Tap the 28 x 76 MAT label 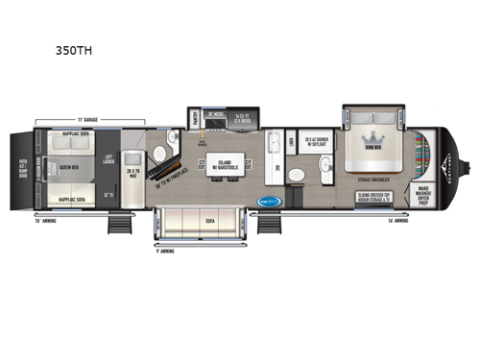coord(133,173)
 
